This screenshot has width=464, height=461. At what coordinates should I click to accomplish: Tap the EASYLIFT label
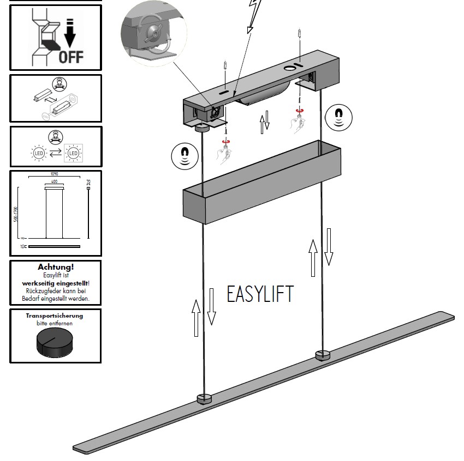point(260,294)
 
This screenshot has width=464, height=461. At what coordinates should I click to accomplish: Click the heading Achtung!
point(56,267)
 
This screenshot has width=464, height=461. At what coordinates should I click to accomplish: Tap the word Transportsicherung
point(55,316)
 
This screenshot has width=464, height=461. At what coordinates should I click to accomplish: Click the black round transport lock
point(55,343)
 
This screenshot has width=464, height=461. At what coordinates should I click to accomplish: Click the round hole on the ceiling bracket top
point(289,69)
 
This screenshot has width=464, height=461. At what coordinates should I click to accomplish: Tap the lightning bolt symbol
point(254,14)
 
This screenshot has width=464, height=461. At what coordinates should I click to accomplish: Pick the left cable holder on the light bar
point(204,398)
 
